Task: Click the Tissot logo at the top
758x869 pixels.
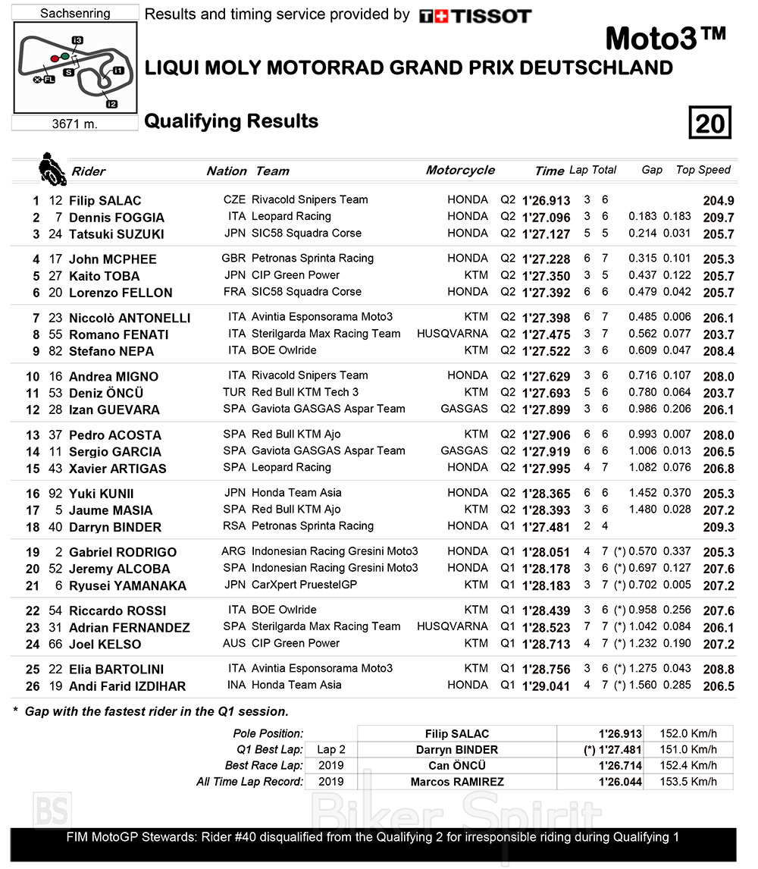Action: coord(475,15)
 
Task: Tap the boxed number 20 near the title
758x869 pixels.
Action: coord(709,122)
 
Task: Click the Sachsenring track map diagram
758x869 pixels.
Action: coord(75,67)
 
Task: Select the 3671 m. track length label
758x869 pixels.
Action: coord(75,124)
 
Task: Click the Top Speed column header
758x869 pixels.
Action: coord(703,170)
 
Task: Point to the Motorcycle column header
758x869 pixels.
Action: coord(460,170)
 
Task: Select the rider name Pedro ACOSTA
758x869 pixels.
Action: coord(114,435)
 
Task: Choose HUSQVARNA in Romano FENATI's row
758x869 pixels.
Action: coord(453,334)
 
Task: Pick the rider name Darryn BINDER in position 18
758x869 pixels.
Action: coord(114,527)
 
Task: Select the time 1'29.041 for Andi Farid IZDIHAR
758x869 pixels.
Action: coord(546,686)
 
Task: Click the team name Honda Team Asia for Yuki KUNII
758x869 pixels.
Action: coord(296,493)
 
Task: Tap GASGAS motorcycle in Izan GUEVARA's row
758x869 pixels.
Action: coord(464,409)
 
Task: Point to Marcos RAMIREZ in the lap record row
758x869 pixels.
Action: coord(457,782)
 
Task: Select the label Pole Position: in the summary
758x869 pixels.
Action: coord(269,733)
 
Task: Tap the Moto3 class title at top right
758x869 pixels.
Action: coord(666,38)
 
